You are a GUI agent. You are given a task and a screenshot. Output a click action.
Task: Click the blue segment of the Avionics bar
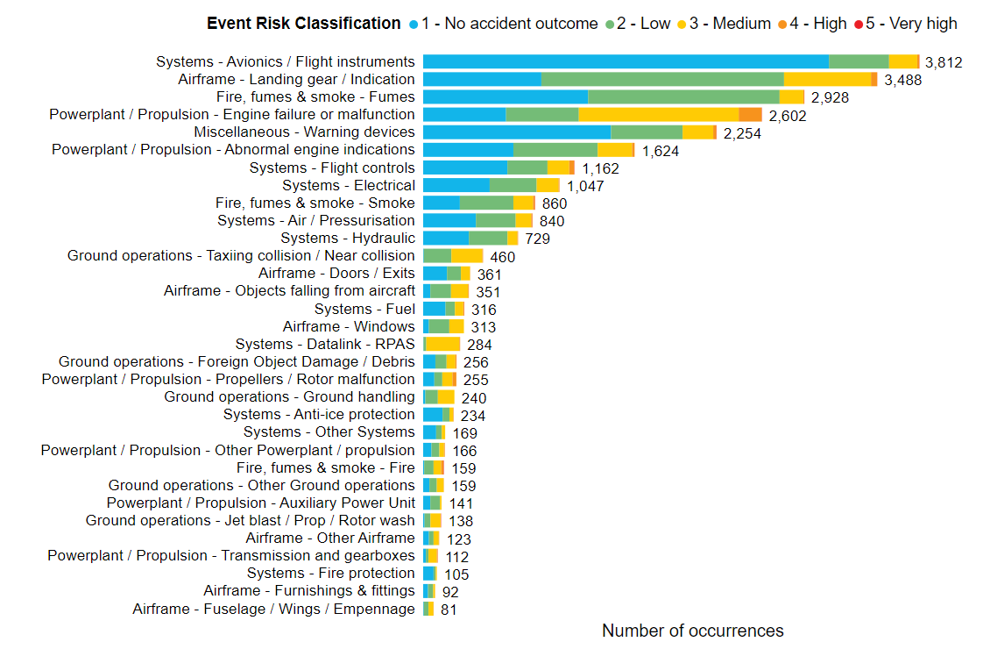tap(626, 61)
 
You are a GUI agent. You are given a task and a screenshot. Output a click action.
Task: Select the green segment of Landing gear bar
tap(662, 79)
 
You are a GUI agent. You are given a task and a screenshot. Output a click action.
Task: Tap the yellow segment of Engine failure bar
tap(659, 114)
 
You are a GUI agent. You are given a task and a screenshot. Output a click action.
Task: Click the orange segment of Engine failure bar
tap(750, 114)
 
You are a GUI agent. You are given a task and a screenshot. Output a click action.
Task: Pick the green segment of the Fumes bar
tap(683, 96)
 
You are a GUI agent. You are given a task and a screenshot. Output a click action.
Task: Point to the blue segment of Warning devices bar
tap(517, 132)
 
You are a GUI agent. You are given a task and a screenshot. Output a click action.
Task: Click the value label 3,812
tap(944, 62)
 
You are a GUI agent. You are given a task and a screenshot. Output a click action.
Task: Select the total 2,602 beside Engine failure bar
tap(788, 115)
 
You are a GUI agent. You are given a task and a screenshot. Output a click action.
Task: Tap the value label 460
tap(503, 256)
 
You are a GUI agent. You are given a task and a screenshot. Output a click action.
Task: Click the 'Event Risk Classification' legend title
tap(303, 24)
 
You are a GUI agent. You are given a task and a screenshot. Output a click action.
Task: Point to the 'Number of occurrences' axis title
tap(693, 631)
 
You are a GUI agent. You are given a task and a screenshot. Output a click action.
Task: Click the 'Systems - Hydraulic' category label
tap(348, 238)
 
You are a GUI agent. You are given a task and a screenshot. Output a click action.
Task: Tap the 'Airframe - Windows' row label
tap(349, 326)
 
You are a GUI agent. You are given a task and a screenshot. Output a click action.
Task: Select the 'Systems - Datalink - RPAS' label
tap(325, 344)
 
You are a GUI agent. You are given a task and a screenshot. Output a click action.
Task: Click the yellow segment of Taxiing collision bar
tap(467, 255)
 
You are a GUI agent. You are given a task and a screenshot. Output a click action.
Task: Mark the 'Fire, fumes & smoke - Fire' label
tap(326, 467)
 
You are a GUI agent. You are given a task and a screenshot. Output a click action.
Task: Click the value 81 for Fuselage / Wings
tap(449, 610)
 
